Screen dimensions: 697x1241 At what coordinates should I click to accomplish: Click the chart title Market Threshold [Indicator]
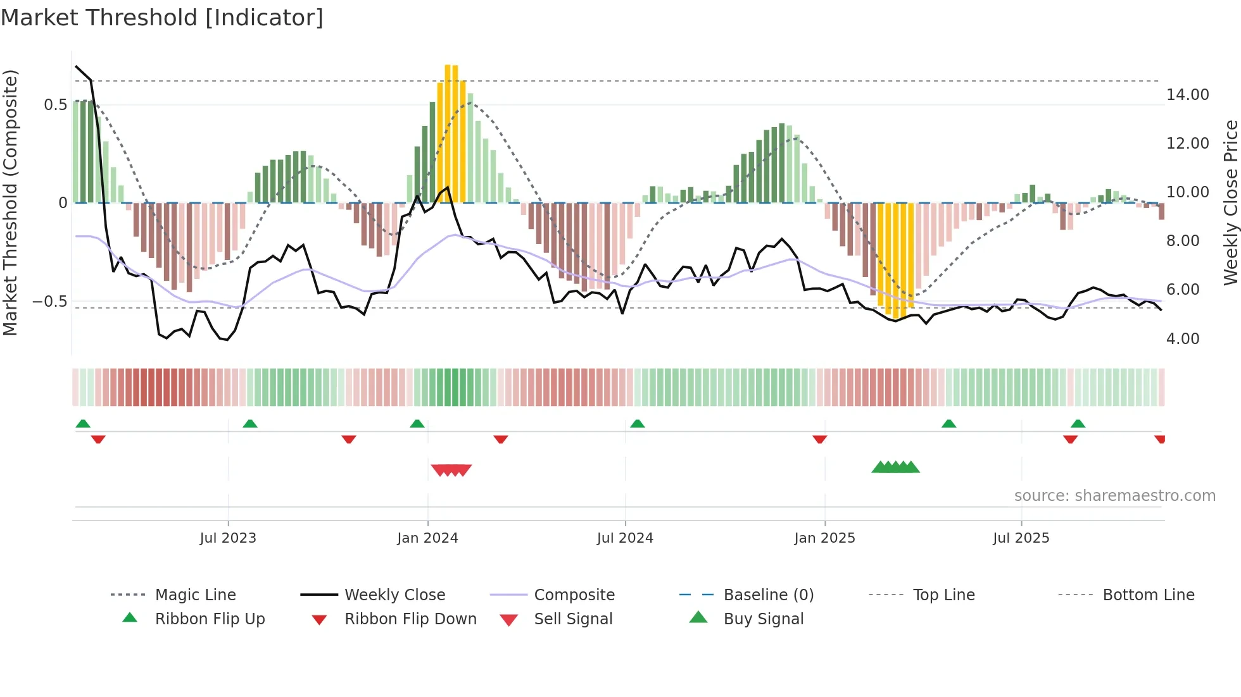[x=162, y=18]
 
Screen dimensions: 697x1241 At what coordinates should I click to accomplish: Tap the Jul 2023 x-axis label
[x=228, y=538]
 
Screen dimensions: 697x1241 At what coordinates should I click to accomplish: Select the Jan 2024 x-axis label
[x=427, y=538]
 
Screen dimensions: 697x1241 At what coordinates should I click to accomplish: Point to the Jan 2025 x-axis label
[x=824, y=538]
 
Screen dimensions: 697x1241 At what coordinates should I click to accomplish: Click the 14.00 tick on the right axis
[x=1187, y=95]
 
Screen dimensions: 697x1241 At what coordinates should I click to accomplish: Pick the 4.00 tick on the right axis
[x=1183, y=339]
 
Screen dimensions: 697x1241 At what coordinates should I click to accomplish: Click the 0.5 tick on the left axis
[x=55, y=105]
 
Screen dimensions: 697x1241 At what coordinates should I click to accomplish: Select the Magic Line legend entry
[x=195, y=595]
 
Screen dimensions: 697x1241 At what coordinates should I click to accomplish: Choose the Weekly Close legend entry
[x=394, y=595]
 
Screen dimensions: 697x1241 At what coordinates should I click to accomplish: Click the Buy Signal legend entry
[x=763, y=619]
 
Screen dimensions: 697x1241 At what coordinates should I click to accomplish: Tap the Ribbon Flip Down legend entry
[x=410, y=619]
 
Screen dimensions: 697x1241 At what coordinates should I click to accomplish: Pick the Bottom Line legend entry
[x=1148, y=595]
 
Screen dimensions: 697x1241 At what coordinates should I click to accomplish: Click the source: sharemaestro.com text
[x=1114, y=496]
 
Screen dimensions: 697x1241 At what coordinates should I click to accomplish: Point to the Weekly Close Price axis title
[x=1230, y=202]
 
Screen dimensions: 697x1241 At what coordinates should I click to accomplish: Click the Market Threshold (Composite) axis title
[x=10, y=202]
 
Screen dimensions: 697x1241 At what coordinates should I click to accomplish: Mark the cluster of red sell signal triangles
[x=451, y=470]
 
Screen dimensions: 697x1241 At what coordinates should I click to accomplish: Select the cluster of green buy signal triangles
[x=895, y=467]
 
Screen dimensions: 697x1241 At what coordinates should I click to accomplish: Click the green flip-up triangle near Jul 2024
[x=637, y=424]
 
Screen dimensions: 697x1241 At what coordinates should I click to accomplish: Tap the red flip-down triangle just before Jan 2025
[x=819, y=439]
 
